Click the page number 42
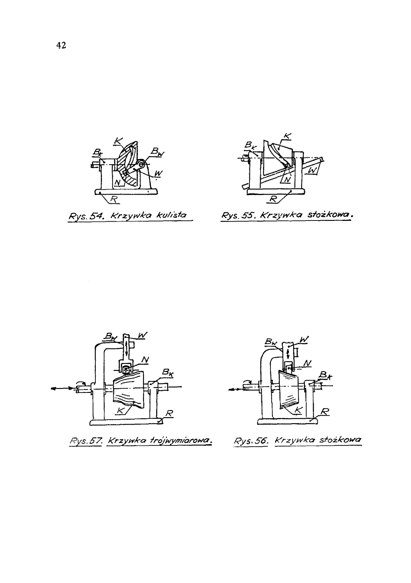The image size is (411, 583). point(61,46)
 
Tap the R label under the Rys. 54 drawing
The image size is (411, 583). point(113,199)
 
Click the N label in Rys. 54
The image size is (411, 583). point(118,183)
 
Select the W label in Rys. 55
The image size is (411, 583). point(312,171)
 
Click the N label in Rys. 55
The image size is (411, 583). point(287,179)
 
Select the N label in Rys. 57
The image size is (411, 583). point(145,360)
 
